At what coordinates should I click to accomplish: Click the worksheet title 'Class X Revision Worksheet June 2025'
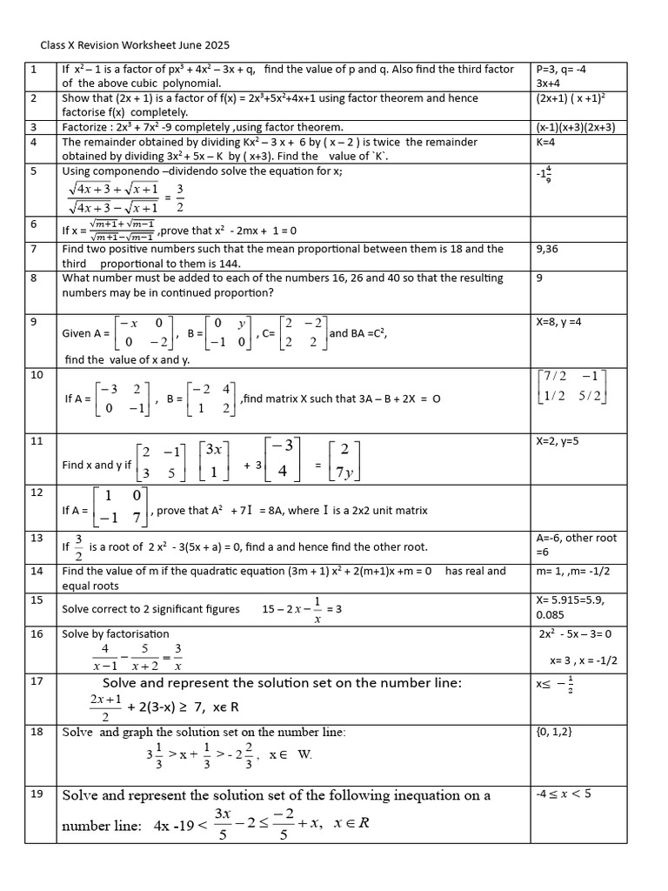coord(135,44)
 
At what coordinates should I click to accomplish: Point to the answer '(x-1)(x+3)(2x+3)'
coord(576,127)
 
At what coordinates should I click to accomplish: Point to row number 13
coord(36,538)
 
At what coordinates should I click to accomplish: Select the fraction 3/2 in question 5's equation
coord(179,197)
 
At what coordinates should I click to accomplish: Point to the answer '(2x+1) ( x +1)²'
coord(576,98)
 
